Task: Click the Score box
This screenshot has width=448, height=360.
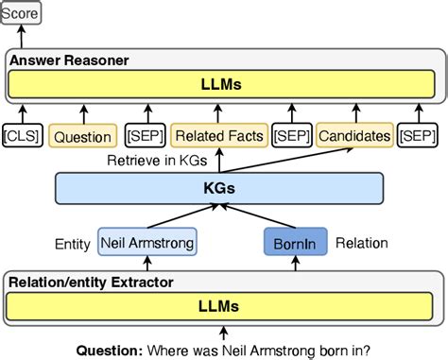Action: pyautogui.click(x=26, y=14)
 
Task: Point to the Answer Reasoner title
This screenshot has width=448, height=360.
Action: pyautogui.click(x=69, y=60)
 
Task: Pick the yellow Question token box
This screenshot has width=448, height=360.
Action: pyautogui.click(x=82, y=136)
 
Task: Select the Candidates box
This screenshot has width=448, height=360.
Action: pyautogui.click(x=354, y=136)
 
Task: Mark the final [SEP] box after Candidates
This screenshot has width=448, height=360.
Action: pyautogui.click(x=418, y=136)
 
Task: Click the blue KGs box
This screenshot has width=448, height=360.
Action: pyautogui.click(x=222, y=188)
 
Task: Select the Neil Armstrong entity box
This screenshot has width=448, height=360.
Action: pyautogui.click(x=146, y=242)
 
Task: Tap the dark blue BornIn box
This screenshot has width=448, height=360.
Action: pyautogui.click(x=293, y=242)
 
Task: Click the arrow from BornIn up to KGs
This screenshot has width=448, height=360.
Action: pyautogui.click(x=294, y=216)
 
